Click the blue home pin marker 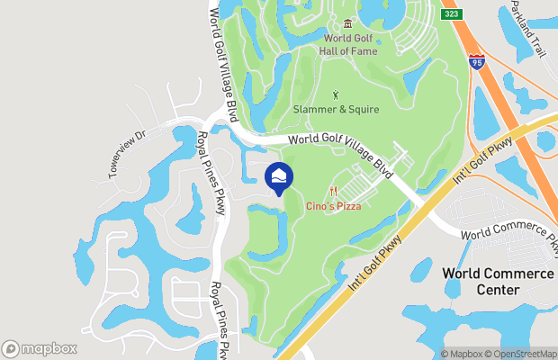[x=279, y=176]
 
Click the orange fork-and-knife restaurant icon [x=332, y=191]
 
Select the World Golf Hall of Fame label [x=348, y=45]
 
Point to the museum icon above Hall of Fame [x=348, y=23]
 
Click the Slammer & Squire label [x=336, y=110]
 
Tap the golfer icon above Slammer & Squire [x=337, y=94]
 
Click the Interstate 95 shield [x=477, y=61]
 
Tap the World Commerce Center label [x=497, y=281]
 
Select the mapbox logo [x=40, y=348]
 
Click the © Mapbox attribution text [x=461, y=354]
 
